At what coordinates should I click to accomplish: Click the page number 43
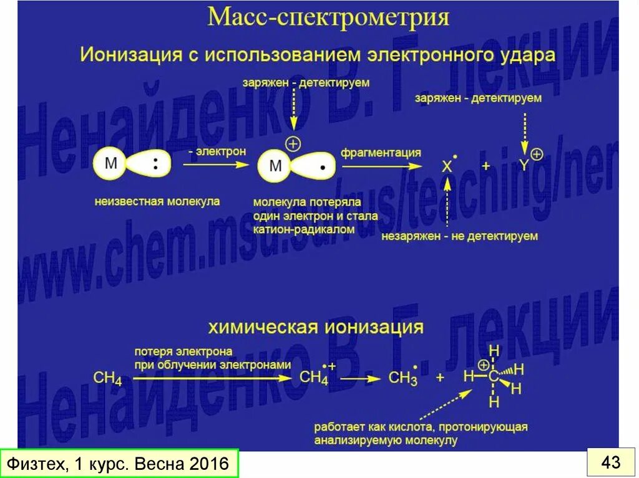click(x=611, y=462)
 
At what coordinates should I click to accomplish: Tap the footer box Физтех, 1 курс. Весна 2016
click(x=119, y=464)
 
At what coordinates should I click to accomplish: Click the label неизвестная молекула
click(x=157, y=201)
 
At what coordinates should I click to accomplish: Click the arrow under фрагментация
click(x=381, y=166)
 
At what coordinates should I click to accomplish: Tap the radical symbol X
click(x=447, y=166)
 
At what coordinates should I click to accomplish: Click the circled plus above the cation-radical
click(x=293, y=144)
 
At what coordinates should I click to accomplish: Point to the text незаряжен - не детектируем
click(x=460, y=236)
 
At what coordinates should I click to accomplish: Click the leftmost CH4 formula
click(x=107, y=378)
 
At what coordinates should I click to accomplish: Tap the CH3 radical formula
click(x=402, y=378)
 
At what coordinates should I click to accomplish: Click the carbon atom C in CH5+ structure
click(x=493, y=376)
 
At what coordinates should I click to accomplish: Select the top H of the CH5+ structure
click(x=494, y=351)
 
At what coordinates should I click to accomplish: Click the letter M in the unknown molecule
click(x=111, y=164)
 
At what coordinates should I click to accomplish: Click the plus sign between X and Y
click(x=485, y=166)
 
